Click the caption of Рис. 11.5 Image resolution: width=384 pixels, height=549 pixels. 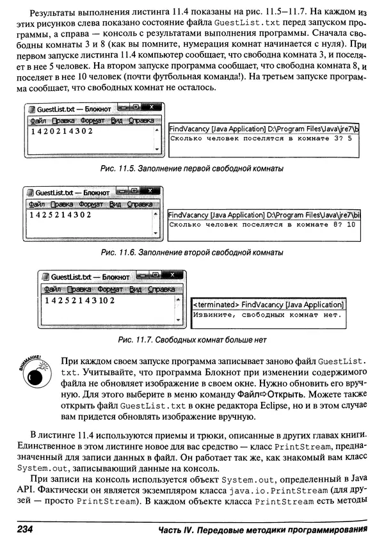192,168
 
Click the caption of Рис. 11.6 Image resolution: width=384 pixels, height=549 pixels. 192,253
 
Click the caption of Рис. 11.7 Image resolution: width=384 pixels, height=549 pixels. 192,339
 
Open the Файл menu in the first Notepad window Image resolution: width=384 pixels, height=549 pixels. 37,121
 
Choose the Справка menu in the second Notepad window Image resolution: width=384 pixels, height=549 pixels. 139,204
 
